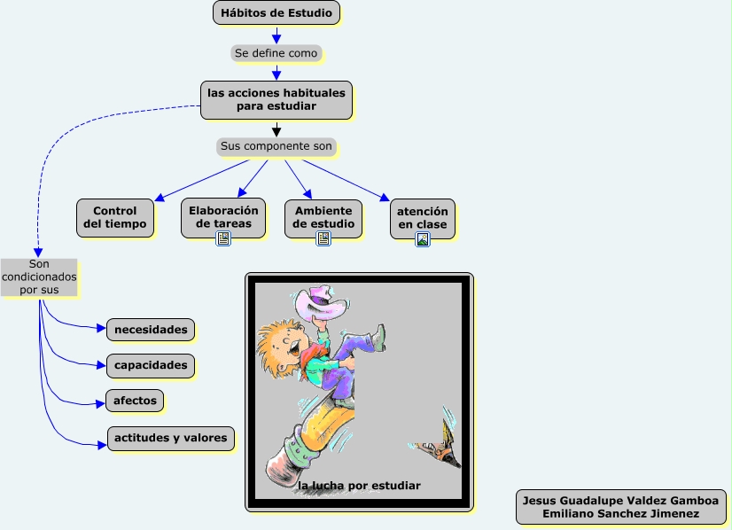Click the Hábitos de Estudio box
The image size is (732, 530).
[x=276, y=13]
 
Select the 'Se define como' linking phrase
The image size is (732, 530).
[x=276, y=53]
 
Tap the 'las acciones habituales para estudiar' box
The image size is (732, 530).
[x=276, y=99]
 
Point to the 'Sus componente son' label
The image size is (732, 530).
[x=276, y=145]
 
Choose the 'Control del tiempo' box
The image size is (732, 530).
[x=115, y=218]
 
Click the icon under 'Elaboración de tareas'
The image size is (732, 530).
[x=223, y=238]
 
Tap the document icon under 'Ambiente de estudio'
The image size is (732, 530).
[x=323, y=238]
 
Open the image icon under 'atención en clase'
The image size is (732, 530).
[x=423, y=238]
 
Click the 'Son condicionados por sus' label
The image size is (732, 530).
[x=39, y=277]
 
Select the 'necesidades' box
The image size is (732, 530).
[x=151, y=330]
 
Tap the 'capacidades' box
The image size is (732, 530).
[x=151, y=365]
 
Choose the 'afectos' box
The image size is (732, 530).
[x=135, y=401]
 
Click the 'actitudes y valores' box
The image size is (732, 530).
[x=171, y=438]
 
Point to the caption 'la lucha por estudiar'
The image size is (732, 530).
[x=359, y=486]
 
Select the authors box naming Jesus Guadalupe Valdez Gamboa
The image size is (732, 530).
[x=620, y=507]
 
